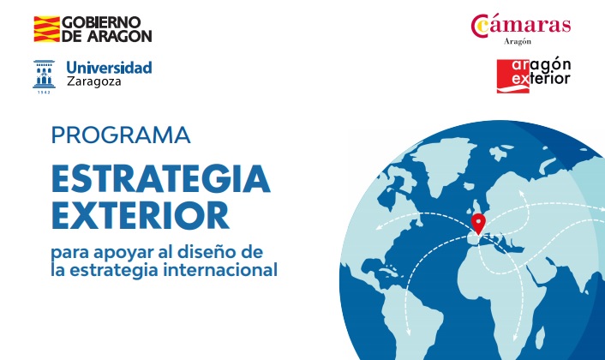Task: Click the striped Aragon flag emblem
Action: [47, 29]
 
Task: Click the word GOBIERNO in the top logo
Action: [101, 22]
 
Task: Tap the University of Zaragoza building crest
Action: [44, 74]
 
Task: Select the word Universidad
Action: [109, 68]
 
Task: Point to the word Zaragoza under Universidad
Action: [93, 81]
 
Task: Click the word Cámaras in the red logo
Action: [521, 25]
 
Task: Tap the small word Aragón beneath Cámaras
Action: [518, 42]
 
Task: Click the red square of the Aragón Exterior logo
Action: [512, 76]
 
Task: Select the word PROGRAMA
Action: [121, 135]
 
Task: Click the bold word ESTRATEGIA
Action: [160, 178]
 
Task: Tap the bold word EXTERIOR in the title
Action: [141, 216]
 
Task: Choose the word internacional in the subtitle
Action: [220, 269]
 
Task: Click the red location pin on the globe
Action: [478, 224]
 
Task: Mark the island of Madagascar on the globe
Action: [540, 337]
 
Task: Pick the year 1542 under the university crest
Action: [44, 93]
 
